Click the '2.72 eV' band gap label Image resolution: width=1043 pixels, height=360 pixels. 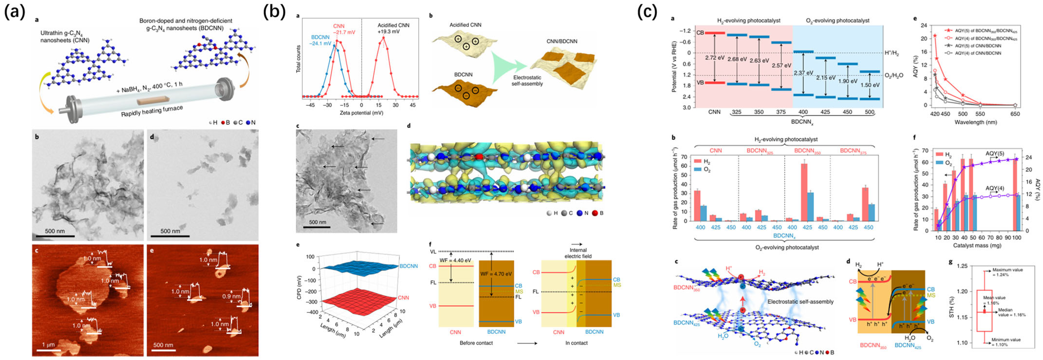[x=715, y=57]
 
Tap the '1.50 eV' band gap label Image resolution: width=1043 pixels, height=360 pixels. [x=870, y=85]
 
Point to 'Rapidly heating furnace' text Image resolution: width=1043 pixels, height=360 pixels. [x=152, y=111]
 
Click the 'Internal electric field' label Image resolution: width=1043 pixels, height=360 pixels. [x=578, y=253]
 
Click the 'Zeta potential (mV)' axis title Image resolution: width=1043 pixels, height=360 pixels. [x=361, y=113]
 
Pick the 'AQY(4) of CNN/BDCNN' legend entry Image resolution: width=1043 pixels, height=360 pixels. [x=978, y=53]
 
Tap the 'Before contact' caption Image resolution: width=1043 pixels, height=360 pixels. [x=476, y=343]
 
